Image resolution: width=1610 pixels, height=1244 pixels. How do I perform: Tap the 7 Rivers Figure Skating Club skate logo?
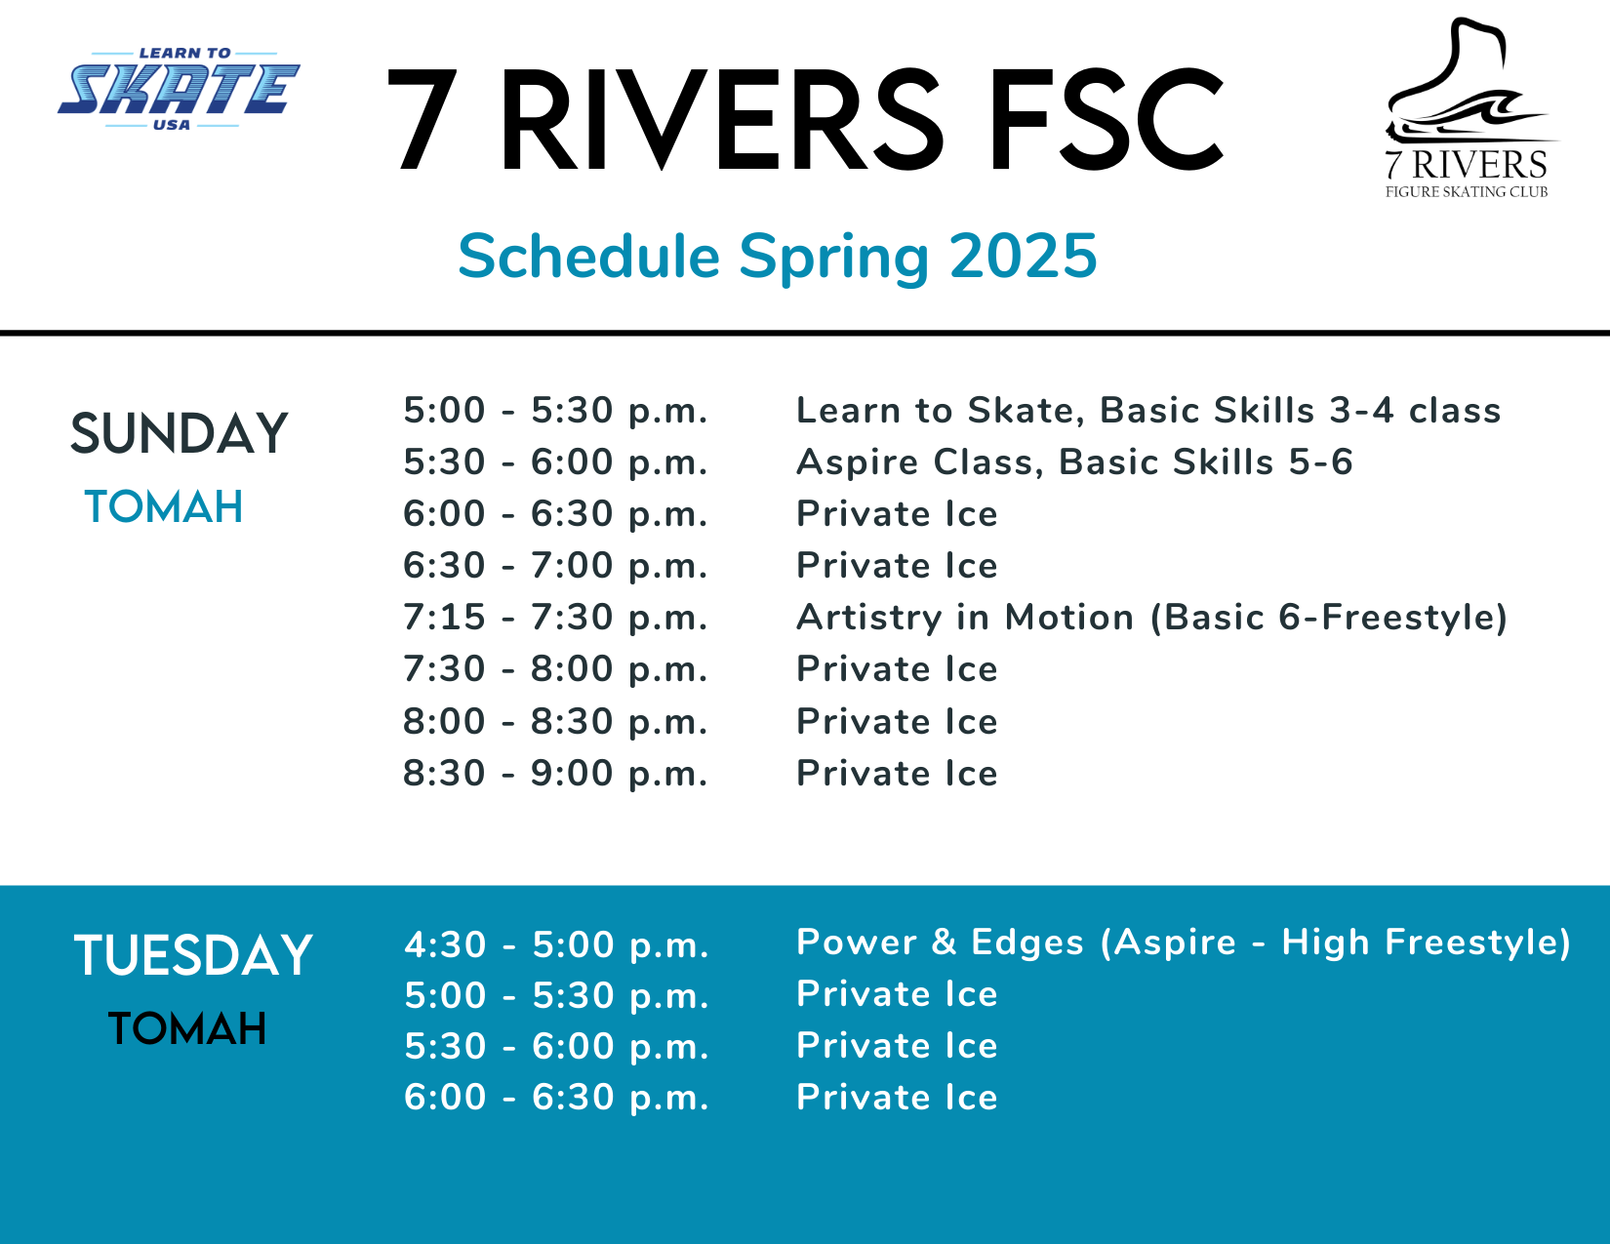(1470, 108)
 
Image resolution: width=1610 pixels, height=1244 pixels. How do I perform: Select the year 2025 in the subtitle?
(1023, 256)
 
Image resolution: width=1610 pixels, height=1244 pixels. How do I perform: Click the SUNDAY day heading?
(179, 433)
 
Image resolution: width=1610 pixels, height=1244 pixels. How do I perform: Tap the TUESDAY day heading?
(192, 955)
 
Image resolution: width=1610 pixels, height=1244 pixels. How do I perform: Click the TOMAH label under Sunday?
(164, 507)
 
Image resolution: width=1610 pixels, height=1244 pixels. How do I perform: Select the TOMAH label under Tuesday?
(186, 1029)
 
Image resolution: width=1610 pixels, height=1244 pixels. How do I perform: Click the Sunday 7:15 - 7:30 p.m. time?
(555, 618)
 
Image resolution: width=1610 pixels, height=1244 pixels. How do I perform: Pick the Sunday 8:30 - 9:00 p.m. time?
(555, 774)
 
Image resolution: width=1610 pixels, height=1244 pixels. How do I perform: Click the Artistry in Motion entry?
(1152, 618)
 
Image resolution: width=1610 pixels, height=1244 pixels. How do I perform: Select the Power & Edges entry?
(1184, 943)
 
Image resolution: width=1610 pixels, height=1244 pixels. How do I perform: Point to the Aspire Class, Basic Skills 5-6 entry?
(1074, 462)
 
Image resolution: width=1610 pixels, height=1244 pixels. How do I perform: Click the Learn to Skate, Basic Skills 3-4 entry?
(1148, 411)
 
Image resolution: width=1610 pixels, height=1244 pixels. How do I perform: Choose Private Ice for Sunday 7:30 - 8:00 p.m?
(897, 669)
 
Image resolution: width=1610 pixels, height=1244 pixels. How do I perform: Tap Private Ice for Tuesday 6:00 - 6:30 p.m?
(897, 1098)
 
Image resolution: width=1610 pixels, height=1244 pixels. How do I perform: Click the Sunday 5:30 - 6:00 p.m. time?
(555, 462)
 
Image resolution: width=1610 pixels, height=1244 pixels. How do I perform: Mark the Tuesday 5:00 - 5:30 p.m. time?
(556, 995)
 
